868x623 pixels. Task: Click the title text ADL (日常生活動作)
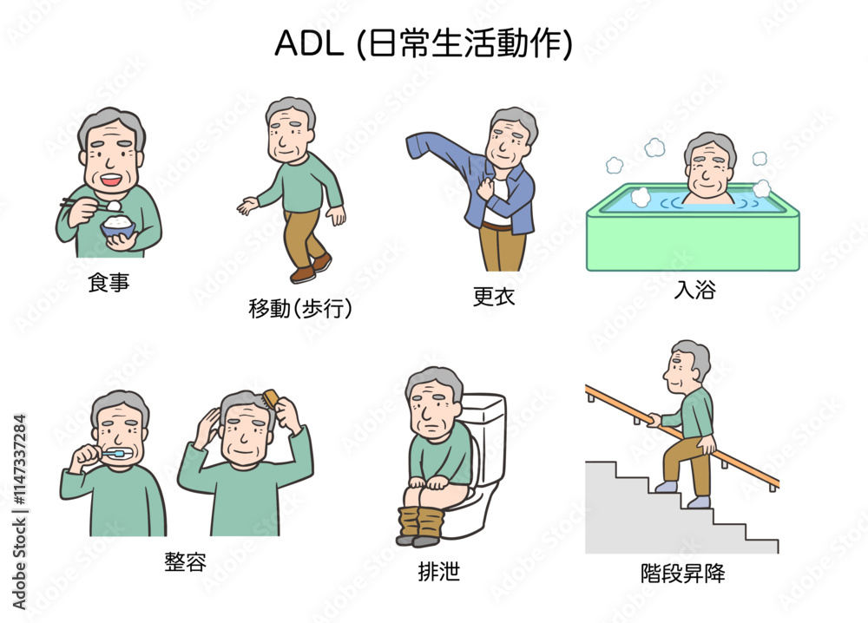424,43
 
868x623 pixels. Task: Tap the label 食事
108,282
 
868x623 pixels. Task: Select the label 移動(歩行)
300,308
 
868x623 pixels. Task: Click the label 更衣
494,296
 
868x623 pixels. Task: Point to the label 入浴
694,289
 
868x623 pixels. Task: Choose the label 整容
186,561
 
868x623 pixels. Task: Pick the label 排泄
439,571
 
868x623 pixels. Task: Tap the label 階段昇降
682,573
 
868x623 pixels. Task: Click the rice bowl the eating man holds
117,226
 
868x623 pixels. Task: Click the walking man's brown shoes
311,268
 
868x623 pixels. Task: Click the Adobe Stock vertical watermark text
19,512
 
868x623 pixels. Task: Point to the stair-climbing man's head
686,366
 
